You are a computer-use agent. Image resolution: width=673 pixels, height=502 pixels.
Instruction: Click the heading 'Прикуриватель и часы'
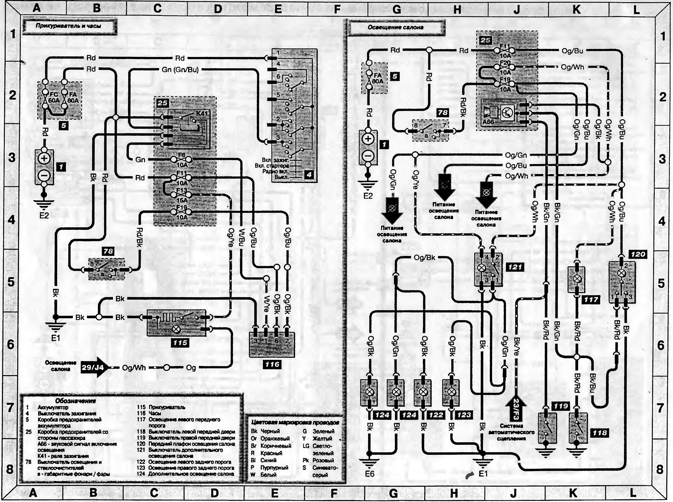click(68, 26)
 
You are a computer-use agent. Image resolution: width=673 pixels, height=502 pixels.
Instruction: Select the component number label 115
click(180, 343)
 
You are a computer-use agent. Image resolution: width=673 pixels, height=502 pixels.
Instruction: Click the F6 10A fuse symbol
click(182, 160)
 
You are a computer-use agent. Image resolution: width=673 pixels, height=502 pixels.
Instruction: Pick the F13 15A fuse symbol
click(182, 195)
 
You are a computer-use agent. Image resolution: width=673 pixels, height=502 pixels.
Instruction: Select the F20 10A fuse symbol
click(505, 68)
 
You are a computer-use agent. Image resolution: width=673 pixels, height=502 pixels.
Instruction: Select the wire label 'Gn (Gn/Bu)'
click(180, 70)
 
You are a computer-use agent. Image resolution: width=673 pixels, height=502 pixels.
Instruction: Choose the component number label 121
click(515, 267)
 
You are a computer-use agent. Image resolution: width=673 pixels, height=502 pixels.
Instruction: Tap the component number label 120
click(638, 255)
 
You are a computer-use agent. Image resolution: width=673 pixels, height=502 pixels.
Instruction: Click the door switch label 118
click(599, 433)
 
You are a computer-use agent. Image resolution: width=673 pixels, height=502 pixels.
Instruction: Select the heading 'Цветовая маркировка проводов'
click(295, 422)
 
